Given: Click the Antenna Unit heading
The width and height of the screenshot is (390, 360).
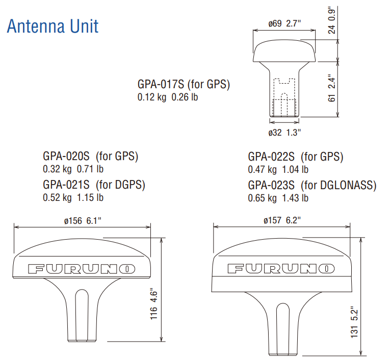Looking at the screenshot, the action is (53, 26).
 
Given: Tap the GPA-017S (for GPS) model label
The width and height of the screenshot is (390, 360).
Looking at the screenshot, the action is (184, 84).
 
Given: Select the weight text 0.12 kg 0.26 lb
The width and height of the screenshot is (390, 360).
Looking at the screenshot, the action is (168, 97).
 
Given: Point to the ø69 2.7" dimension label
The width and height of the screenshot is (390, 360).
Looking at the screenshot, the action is (284, 23).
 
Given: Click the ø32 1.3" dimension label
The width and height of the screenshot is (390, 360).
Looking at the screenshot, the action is (284, 133).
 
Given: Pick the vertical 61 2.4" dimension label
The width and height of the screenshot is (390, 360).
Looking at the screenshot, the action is (332, 88).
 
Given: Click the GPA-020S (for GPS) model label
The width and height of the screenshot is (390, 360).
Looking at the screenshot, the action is (91, 156).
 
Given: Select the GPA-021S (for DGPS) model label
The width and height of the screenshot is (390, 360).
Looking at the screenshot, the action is (94, 185).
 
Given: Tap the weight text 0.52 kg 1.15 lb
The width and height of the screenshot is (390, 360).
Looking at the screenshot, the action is (73, 198).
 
